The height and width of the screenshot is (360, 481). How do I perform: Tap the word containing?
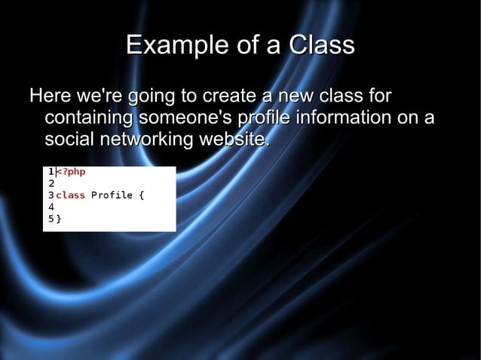(88, 119)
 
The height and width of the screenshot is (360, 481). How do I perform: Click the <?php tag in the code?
(71, 172)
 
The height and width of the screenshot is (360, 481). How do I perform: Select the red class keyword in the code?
(70, 196)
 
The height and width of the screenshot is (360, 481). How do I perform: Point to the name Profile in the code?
(112, 196)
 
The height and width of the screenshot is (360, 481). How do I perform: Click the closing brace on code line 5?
(60, 219)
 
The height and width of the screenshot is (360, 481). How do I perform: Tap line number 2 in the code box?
(51, 183)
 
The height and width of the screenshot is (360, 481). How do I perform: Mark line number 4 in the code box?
(51, 207)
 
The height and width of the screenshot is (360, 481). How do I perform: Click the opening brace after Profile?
(141, 196)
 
